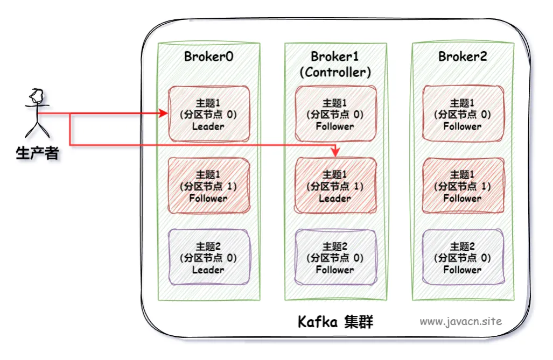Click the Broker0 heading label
pos(208,57)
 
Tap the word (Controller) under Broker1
pos(335,72)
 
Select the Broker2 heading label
pos(463,57)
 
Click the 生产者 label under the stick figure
pos(37,153)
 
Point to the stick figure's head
pos(37,95)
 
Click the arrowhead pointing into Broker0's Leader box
pos(163,113)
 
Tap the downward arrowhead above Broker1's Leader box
pos(335,152)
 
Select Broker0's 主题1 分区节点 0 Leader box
pos(209,114)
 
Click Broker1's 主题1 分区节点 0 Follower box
pos(335,114)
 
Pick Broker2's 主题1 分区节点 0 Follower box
pos(463,114)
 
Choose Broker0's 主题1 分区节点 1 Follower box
pos(209,186)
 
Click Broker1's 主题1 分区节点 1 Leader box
pos(335,186)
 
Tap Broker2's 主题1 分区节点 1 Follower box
pos(463,186)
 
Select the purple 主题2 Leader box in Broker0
pos(209,257)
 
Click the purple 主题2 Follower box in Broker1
pos(335,257)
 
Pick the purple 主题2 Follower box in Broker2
pos(463,257)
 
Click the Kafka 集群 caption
pos(335,322)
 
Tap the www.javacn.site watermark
pos(460,321)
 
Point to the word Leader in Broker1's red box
pos(335,199)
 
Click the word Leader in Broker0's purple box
pos(208,270)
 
